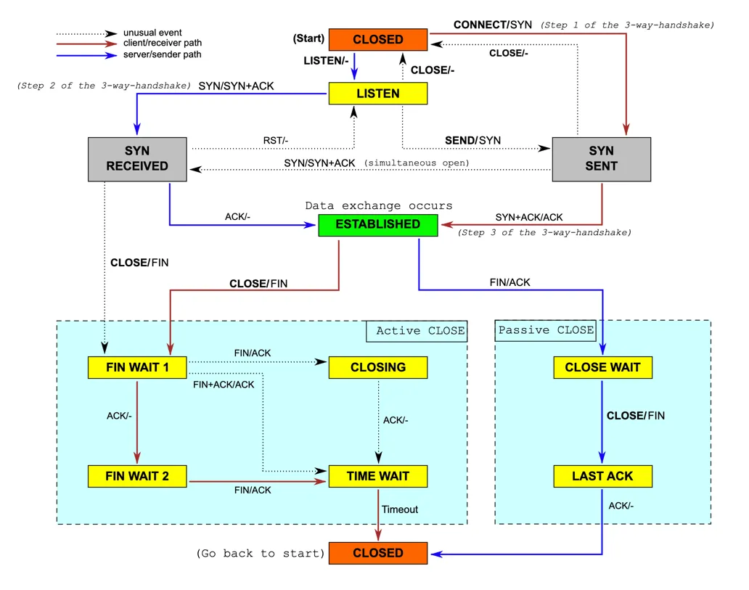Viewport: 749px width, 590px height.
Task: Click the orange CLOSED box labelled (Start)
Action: click(x=377, y=39)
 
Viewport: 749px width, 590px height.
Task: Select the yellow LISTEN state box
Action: click(x=377, y=94)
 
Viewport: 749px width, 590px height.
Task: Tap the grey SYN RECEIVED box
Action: click(x=137, y=158)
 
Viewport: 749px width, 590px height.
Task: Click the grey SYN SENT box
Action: click(x=601, y=158)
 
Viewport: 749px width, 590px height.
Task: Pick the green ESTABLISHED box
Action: click(x=377, y=224)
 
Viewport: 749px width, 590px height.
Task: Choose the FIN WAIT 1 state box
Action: click(x=137, y=367)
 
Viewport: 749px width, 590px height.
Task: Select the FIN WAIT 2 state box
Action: click(x=137, y=476)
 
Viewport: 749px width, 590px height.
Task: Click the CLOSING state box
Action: click(x=377, y=367)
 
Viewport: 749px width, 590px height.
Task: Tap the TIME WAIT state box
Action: click(x=377, y=476)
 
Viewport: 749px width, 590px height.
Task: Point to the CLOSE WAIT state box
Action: click(x=602, y=367)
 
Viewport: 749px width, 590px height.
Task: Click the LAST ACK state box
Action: click(x=602, y=476)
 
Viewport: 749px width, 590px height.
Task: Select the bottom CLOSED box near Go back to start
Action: click(x=377, y=553)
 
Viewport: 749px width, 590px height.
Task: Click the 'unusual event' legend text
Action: click(x=152, y=33)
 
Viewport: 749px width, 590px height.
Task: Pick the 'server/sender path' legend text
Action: click(x=163, y=54)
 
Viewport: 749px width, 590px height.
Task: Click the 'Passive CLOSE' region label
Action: click(x=546, y=330)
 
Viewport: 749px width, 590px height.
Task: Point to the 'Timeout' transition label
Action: click(x=400, y=509)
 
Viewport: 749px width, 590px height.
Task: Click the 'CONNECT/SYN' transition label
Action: click(x=493, y=25)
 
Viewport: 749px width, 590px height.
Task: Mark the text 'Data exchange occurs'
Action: click(x=378, y=206)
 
